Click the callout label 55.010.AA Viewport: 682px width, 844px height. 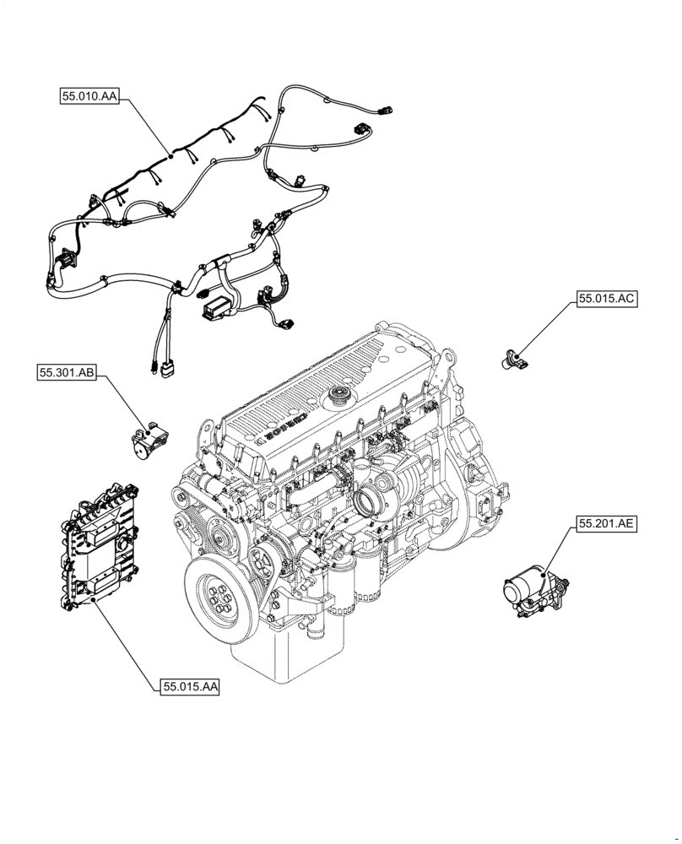coord(89,97)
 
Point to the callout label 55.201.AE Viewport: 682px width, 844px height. coord(606,523)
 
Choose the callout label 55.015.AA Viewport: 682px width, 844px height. coord(188,687)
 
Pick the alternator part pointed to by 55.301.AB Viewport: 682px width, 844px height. coord(149,442)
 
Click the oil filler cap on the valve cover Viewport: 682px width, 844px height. coord(342,393)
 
